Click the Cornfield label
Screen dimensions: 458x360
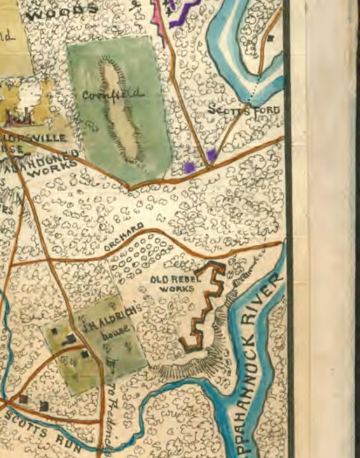(113, 94)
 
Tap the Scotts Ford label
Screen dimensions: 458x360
(244, 110)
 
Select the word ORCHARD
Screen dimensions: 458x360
(124, 236)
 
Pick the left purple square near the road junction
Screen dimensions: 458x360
(189, 167)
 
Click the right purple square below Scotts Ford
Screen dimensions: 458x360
(212, 154)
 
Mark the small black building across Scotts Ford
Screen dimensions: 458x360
(271, 38)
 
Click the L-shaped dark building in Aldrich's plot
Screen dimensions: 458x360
(70, 339)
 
